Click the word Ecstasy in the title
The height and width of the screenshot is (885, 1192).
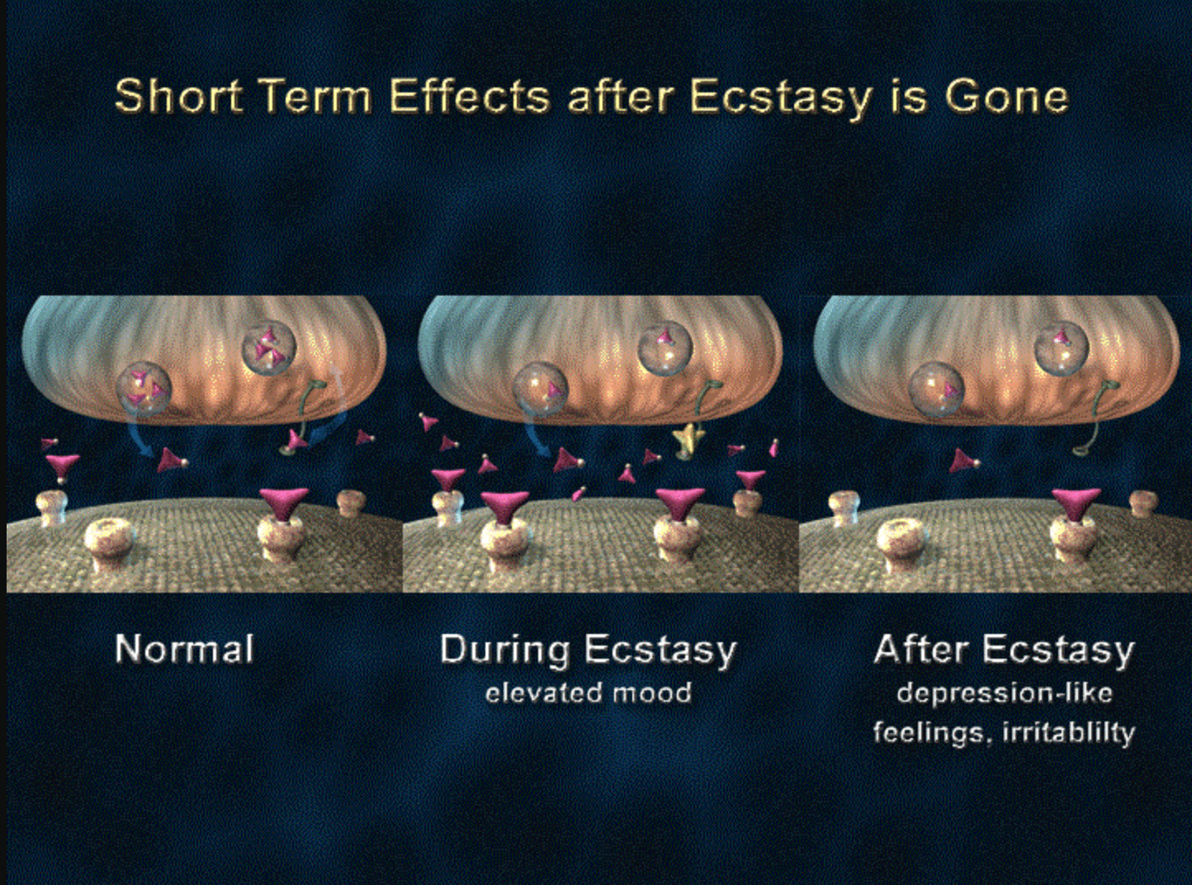(x=779, y=99)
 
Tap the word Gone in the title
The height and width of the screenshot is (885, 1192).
(x=1006, y=97)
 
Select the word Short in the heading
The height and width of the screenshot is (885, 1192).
(x=178, y=97)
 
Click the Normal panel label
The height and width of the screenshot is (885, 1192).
(x=184, y=648)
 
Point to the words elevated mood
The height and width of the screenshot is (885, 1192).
(x=589, y=693)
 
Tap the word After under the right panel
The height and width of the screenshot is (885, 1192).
(x=924, y=649)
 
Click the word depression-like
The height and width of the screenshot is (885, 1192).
(x=1005, y=693)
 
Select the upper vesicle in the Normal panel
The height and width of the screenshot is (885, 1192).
(x=269, y=348)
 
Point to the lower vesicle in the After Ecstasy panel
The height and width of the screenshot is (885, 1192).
(x=937, y=390)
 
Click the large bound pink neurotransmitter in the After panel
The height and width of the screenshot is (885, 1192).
(x=1076, y=504)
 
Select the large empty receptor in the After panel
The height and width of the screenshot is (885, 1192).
(x=903, y=544)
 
